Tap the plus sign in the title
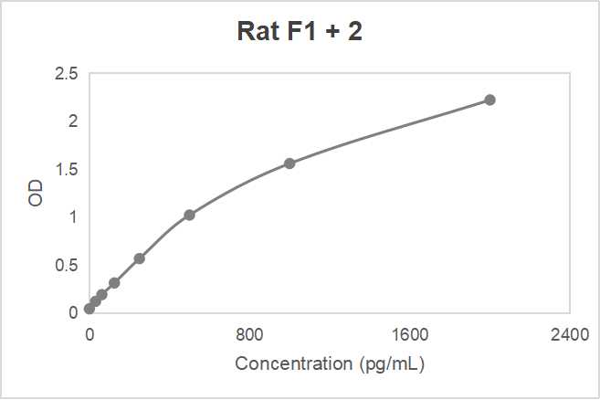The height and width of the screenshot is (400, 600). (x=331, y=33)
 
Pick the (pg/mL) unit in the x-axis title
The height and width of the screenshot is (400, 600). (x=391, y=363)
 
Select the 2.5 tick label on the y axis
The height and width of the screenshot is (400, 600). (x=68, y=73)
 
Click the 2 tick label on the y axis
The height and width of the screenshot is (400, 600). (x=74, y=121)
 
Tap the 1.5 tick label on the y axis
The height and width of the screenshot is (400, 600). (x=68, y=169)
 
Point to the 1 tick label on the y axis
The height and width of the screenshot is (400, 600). (x=74, y=217)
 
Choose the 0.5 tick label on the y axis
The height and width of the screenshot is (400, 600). (x=68, y=265)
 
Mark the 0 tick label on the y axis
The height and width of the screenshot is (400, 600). (x=74, y=313)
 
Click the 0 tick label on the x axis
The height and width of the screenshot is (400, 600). (x=89, y=333)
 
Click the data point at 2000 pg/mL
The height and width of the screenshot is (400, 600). (x=489, y=100)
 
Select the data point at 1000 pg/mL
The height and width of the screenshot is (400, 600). (x=289, y=163)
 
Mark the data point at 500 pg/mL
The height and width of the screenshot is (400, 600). (x=189, y=215)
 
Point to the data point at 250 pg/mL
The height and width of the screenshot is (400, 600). (x=139, y=258)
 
